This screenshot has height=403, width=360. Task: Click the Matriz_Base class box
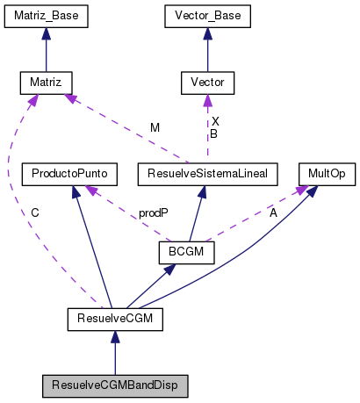[x=47, y=15]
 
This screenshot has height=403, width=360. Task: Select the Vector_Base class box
[x=207, y=15]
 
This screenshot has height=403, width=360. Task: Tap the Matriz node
[x=47, y=83]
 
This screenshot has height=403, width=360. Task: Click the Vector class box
[x=207, y=83]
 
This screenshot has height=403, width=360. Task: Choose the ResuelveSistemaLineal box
[x=207, y=174]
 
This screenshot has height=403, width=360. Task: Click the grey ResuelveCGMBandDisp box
[x=114, y=385]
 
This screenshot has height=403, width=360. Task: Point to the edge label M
[x=155, y=128]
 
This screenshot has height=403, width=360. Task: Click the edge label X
[x=213, y=122]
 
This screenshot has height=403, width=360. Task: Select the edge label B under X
[x=213, y=134]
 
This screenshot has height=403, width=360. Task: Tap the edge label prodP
[x=154, y=213]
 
